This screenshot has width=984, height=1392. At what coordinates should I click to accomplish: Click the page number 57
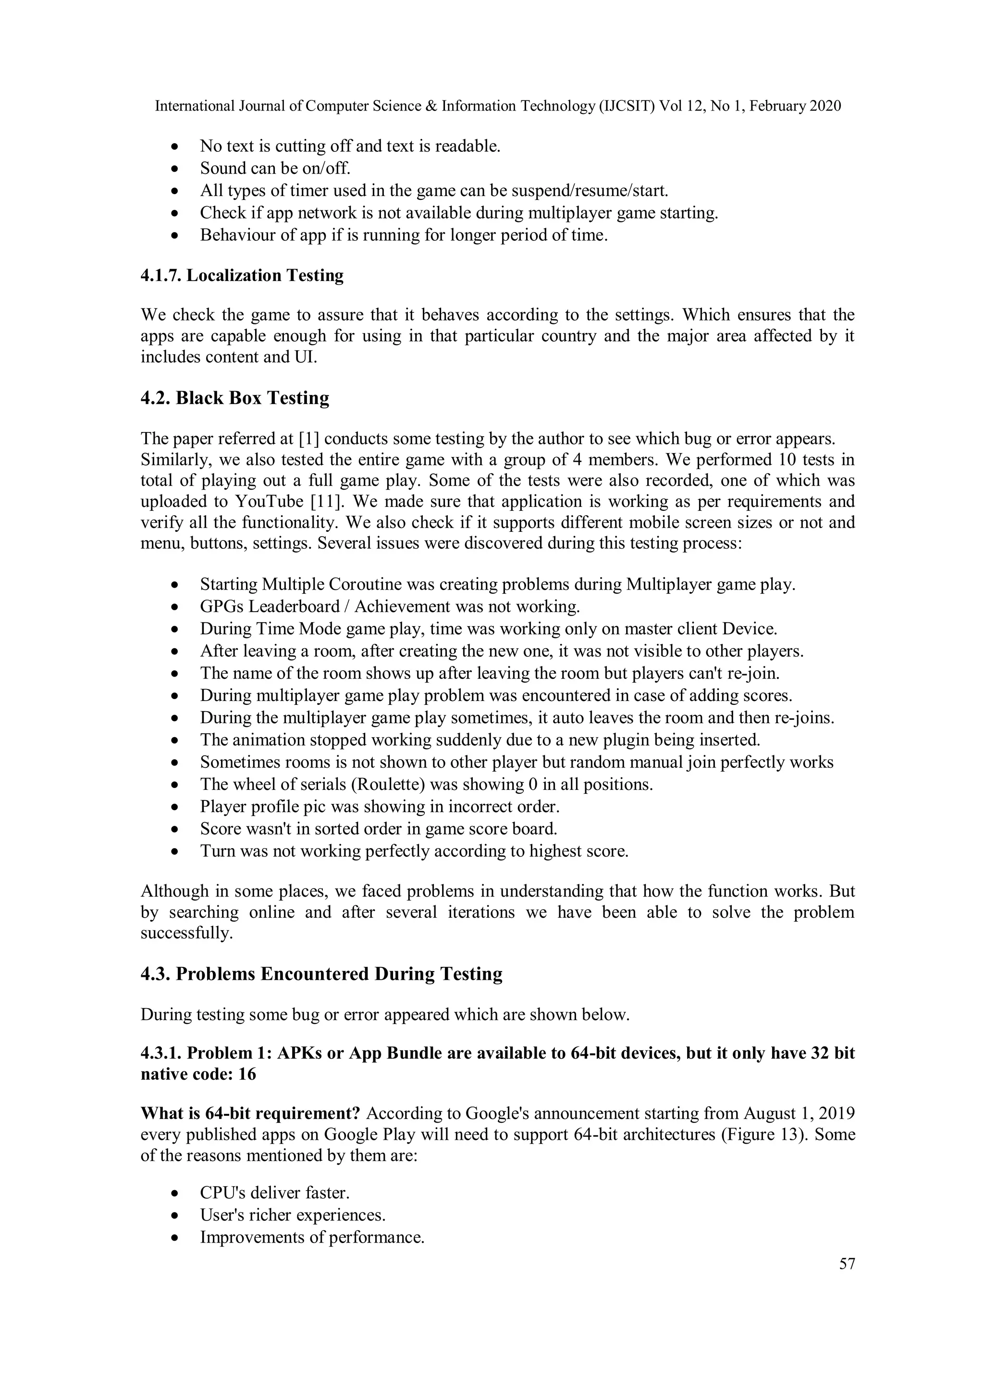pyautogui.click(x=847, y=1264)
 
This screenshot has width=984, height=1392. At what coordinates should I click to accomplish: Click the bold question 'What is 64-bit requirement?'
pyautogui.click(x=250, y=1114)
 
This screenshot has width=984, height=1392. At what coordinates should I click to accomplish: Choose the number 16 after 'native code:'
pyautogui.click(x=247, y=1074)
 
